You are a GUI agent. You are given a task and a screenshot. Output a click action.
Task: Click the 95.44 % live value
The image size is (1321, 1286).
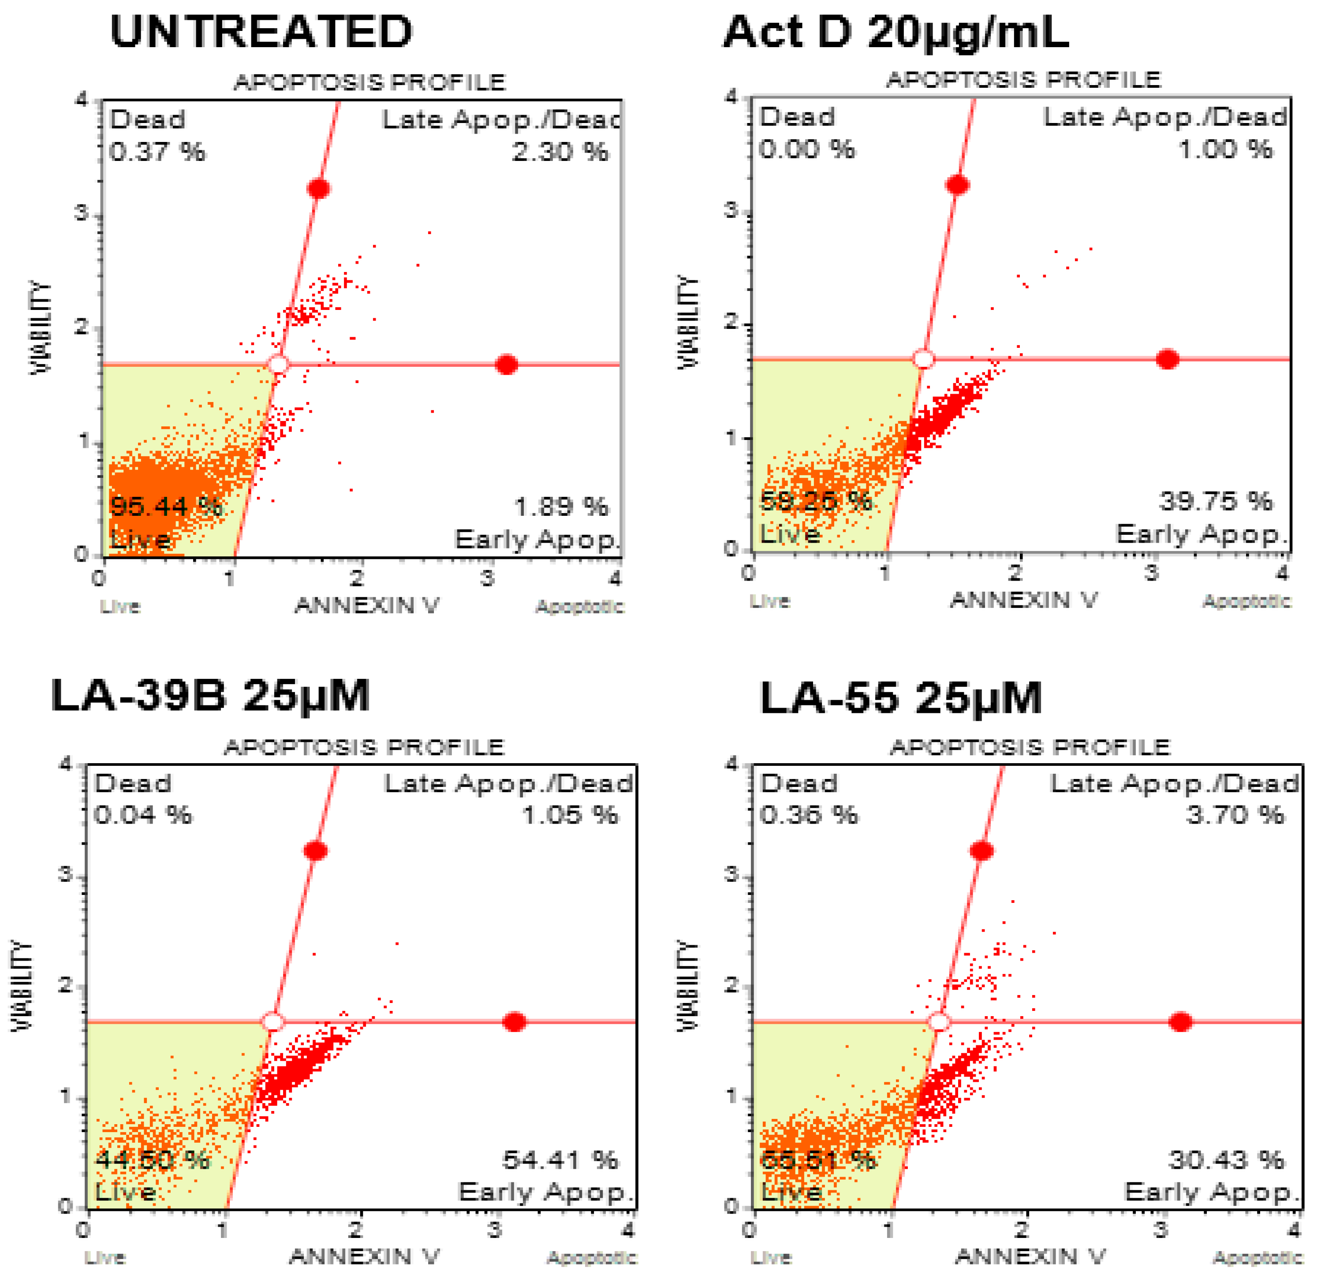(165, 506)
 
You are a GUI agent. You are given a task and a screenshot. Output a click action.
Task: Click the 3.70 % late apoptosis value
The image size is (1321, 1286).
(1235, 815)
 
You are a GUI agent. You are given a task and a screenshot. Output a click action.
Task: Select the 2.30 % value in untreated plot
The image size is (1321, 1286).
(559, 151)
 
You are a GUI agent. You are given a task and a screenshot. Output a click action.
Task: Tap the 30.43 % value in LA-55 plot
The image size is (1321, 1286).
(1226, 1160)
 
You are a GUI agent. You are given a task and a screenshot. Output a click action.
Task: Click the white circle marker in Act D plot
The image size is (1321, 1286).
(923, 359)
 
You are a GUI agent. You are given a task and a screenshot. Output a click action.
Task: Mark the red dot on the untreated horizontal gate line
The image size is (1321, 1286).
(507, 365)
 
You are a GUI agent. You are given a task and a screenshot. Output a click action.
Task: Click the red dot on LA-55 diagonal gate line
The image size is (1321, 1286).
(981, 851)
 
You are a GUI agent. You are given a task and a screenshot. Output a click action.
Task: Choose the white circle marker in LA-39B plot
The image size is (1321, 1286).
(273, 1022)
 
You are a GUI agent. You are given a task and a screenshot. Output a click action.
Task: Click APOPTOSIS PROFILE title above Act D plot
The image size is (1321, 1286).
(1023, 80)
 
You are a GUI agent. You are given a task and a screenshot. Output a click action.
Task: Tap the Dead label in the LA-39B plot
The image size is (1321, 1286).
(133, 783)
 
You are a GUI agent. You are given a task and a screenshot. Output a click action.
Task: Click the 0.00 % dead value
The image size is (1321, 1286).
(806, 149)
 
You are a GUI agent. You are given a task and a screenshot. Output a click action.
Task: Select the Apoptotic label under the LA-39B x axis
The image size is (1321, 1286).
(592, 1258)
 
